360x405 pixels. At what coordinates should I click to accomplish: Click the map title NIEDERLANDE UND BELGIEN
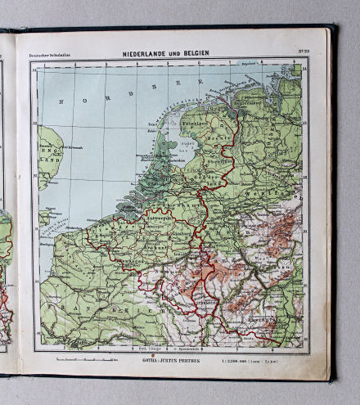coord(166,53)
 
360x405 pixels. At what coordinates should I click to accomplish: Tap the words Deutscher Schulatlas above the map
coord(47,55)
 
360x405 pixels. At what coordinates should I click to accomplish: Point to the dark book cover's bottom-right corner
coord(334,380)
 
